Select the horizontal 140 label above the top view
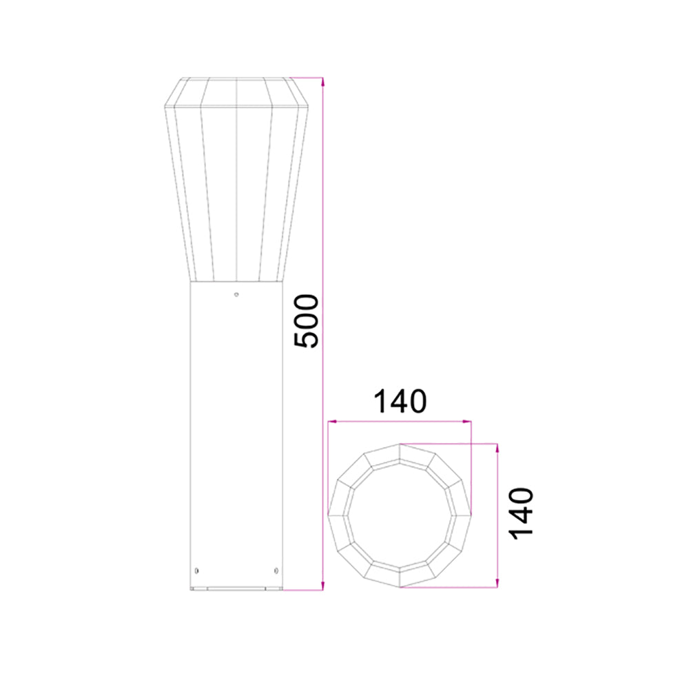pos(400,401)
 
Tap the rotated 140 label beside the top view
pos(522,513)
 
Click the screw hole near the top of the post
pos(236,295)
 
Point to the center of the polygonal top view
pos(400,515)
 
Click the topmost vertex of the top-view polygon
pos(400,443)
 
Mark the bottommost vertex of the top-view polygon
pos(400,588)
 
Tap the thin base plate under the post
pos(236,589)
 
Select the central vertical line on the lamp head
pos(236,179)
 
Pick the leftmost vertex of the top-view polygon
pos(327,515)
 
